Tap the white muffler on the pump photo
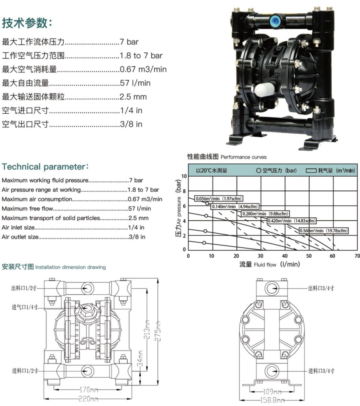[x=264, y=89]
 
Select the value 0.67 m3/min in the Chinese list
[x=143, y=69]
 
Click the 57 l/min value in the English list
[x=140, y=209]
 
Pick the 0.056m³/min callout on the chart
[x=219, y=199]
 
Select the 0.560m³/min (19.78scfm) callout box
[x=323, y=231]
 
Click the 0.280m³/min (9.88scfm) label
[x=265, y=214]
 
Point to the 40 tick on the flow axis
[x=284, y=256]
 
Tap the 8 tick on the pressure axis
[x=184, y=191]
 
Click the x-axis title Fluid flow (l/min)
[x=277, y=264]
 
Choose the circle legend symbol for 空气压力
[x=258, y=170]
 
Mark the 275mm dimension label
[x=159, y=331]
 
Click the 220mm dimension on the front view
[x=88, y=399]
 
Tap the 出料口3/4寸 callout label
[x=321, y=288]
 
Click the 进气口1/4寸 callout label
[x=25, y=307]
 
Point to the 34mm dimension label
[x=140, y=359]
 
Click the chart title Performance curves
[x=244, y=157]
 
